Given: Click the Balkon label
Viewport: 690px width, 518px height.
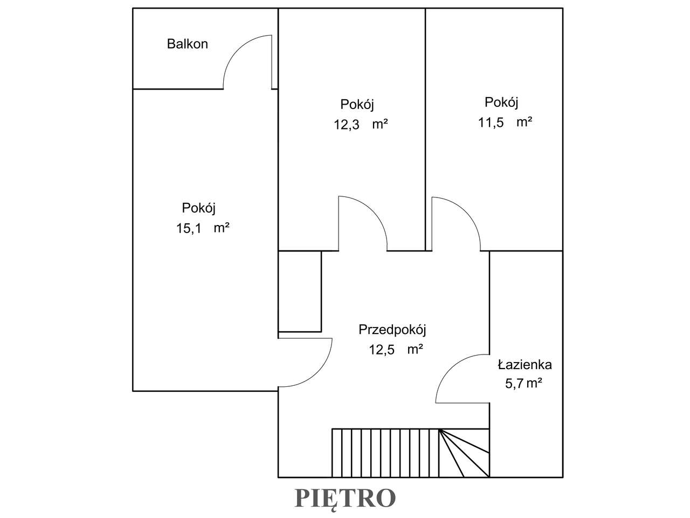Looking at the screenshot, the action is pyautogui.click(x=188, y=44).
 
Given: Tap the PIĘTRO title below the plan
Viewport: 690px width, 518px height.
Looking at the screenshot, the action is pyautogui.click(x=345, y=498).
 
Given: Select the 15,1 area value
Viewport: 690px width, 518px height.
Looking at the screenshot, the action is pyautogui.click(x=189, y=228).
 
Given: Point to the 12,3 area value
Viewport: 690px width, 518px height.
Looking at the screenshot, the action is pyautogui.click(x=347, y=125).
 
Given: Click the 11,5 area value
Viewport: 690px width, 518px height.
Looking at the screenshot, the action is pyautogui.click(x=491, y=122).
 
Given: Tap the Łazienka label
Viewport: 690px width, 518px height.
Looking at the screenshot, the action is pyautogui.click(x=525, y=365).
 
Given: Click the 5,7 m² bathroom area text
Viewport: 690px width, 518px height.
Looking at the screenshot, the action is pyautogui.click(x=524, y=384).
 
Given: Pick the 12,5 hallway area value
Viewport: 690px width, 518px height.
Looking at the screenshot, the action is pyautogui.click(x=382, y=350).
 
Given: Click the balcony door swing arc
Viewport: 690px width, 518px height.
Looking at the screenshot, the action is pyautogui.click(x=238, y=50).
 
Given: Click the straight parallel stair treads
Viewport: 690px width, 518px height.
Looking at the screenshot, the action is pyautogui.click(x=385, y=453).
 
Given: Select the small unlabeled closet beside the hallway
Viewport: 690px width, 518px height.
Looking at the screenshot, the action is pyautogui.click(x=300, y=291).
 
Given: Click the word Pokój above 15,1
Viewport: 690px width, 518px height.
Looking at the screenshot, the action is pyautogui.click(x=199, y=208).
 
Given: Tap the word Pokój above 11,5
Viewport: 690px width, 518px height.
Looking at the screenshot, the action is pyautogui.click(x=501, y=103).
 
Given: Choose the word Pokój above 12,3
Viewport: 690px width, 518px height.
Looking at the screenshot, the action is pyautogui.click(x=357, y=105).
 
